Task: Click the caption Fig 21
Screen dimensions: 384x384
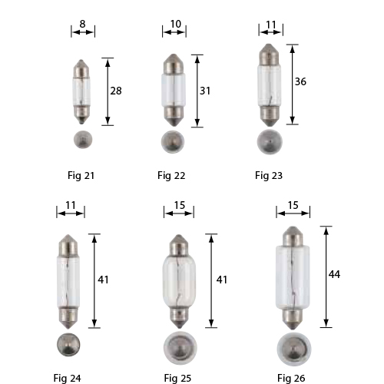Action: (x=81, y=176)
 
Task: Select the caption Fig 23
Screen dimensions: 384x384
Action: (x=269, y=176)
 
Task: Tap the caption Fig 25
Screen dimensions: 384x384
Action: (x=177, y=377)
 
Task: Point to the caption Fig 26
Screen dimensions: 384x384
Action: (x=292, y=377)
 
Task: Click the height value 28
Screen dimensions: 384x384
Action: (x=117, y=91)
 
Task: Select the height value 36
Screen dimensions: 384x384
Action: (x=301, y=83)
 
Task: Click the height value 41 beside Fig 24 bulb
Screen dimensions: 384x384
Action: (x=103, y=280)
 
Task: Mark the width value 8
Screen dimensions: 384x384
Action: (x=83, y=24)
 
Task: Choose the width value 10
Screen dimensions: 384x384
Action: (x=175, y=24)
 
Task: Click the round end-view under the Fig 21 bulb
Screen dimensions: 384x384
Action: (x=82, y=140)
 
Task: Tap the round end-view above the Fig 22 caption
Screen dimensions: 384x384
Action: (x=174, y=143)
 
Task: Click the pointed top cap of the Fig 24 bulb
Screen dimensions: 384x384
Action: (x=66, y=246)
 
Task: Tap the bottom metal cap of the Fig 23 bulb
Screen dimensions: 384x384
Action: (x=268, y=115)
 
